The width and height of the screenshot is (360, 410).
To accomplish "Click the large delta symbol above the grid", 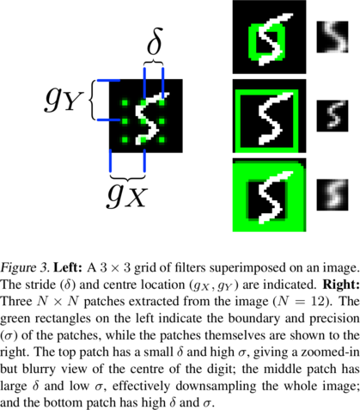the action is click(x=155, y=41).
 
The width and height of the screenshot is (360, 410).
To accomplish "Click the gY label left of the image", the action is click(x=64, y=100).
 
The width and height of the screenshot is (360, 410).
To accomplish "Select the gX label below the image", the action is click(x=127, y=194).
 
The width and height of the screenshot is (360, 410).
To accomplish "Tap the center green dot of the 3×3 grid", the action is click(x=143, y=121).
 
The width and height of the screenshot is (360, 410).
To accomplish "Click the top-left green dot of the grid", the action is click(x=125, y=102).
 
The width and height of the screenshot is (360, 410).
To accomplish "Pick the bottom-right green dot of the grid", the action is click(x=162, y=140).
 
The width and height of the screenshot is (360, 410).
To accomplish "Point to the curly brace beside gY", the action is click(x=93, y=100).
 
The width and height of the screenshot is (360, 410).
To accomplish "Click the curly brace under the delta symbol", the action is click(x=154, y=62).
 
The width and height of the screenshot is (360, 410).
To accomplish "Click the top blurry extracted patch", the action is click(x=333, y=37).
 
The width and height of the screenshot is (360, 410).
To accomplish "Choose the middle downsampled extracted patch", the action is click(x=333, y=116).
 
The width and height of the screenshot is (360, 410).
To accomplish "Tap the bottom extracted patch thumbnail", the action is click(x=333, y=195).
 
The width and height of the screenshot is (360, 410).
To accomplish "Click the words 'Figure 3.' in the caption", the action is click(x=25, y=268).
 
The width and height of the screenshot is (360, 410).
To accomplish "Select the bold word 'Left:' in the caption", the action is click(x=69, y=268).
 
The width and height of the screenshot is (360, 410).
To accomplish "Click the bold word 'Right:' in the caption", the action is click(x=341, y=285).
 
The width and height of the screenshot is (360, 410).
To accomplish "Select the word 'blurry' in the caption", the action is click(x=39, y=370).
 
